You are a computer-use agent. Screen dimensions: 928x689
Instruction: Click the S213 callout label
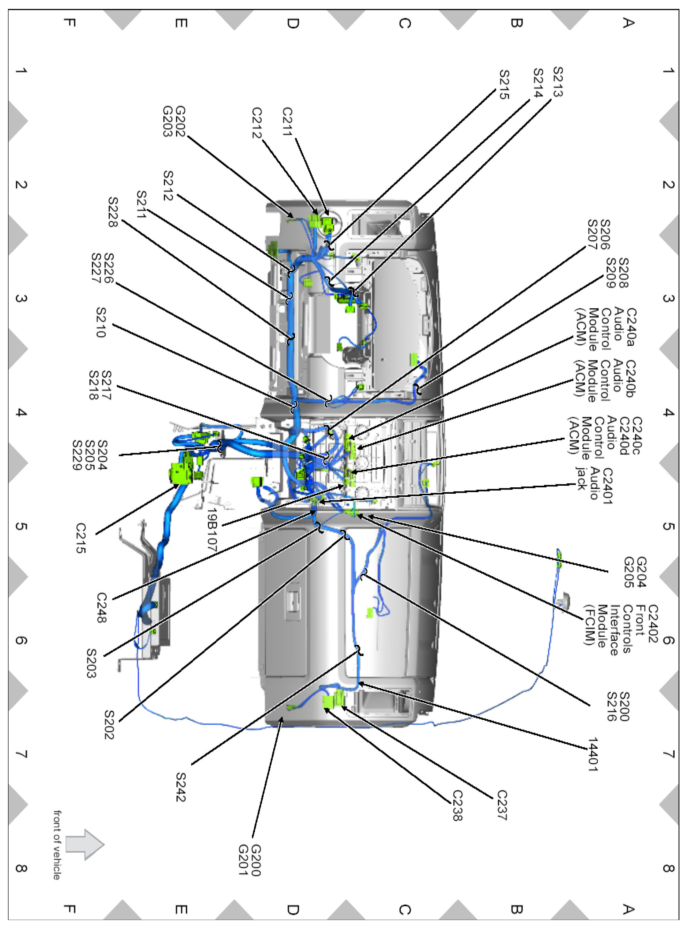pos(558,82)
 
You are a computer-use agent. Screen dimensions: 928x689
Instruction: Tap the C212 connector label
pos(257,123)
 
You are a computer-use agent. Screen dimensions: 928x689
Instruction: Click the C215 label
pos(81,538)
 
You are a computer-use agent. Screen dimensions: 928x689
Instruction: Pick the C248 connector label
pos(102,608)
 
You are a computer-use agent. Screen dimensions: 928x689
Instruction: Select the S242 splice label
pos(180,787)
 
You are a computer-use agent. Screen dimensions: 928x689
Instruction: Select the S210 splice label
pos(101,322)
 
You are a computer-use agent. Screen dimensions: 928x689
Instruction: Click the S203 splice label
pos(91,663)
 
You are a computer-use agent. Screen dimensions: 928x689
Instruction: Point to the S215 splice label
pos(504,85)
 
